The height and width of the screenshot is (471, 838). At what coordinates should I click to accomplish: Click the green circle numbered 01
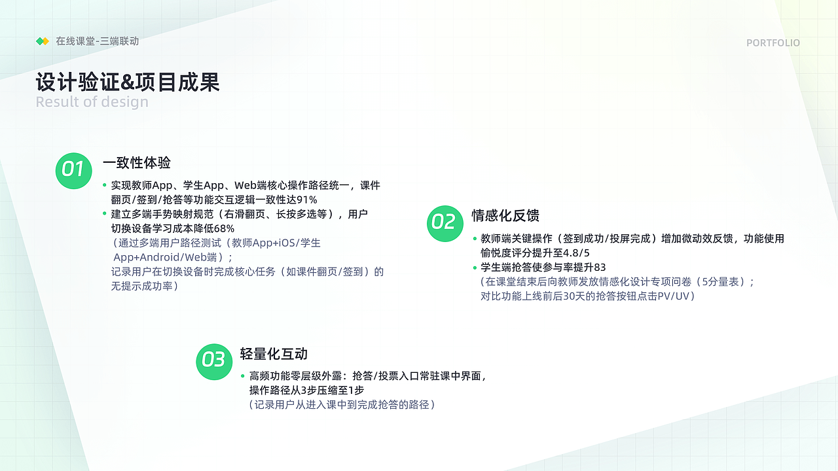pos(74,171)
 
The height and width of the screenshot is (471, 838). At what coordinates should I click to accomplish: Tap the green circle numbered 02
pos(445,224)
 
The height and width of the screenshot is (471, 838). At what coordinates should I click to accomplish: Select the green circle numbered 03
pos(214,362)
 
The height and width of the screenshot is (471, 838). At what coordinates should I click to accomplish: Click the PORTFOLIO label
pos(773,43)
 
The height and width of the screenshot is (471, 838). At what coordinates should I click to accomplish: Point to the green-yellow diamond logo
pos(43,41)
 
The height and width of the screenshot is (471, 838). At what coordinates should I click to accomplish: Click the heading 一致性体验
pos(137,163)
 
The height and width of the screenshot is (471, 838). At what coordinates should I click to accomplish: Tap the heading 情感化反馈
pos(505,216)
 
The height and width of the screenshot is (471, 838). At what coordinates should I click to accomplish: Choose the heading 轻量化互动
pos(274,354)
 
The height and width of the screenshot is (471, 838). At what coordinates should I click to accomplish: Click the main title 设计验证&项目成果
pos(128,82)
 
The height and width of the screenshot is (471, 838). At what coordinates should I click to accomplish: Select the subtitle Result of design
pos(92,101)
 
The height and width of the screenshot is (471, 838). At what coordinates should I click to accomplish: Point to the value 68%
pos(224,228)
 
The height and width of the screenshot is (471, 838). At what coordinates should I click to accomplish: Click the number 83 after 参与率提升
pos(600,268)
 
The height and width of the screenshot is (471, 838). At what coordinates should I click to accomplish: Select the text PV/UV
pos(673,296)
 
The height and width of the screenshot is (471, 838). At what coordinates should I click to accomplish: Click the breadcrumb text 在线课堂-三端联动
pos(98,41)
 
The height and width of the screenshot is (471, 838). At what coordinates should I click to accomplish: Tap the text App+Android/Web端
pos(165,257)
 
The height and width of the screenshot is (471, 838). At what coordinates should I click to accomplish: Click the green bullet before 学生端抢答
pos(475,268)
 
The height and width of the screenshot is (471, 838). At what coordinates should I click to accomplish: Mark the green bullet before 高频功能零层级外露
pos(243,376)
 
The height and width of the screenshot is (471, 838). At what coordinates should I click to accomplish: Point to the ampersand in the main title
pos(127,82)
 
